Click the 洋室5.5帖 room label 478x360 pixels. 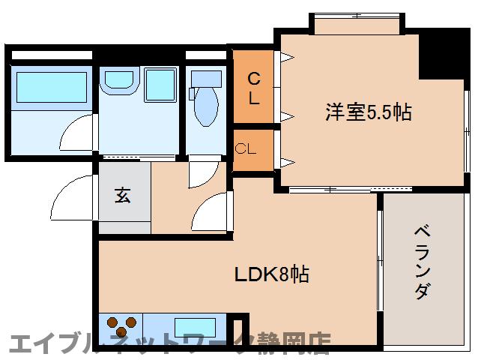[368, 112]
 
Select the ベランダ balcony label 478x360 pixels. [423, 262]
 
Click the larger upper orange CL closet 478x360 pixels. [254, 87]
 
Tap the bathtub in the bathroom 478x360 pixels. [51, 88]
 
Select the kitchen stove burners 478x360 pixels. [121, 325]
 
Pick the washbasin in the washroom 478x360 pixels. [118, 80]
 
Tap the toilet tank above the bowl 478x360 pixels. [207, 78]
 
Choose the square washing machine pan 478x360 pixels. [160, 84]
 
